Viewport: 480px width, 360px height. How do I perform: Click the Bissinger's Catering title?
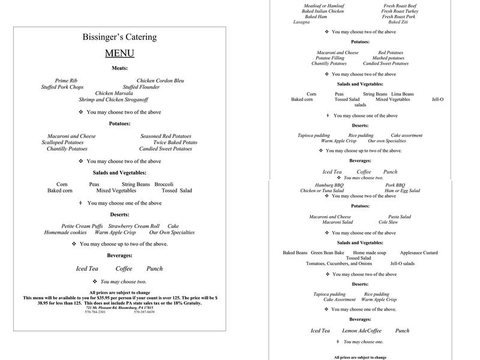tap(119, 37)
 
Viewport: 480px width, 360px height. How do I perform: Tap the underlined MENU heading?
tap(119, 53)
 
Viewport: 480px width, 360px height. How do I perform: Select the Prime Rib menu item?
tap(66, 80)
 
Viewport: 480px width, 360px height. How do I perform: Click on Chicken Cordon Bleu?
tap(160, 80)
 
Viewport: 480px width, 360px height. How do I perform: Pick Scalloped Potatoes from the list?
tap(62, 142)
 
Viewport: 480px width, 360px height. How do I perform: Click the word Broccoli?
tap(164, 184)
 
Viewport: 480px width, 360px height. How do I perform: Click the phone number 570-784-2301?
tap(95, 312)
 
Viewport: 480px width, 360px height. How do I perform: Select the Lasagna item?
tap(302, 22)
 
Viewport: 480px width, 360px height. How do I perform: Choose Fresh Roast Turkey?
tap(398, 11)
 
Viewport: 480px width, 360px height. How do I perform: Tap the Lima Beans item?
tap(402, 94)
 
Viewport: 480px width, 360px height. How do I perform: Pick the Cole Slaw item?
tap(388, 222)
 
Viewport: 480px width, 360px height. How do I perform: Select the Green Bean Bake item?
tap(328, 253)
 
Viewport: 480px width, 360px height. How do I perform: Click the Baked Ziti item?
tap(398, 22)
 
